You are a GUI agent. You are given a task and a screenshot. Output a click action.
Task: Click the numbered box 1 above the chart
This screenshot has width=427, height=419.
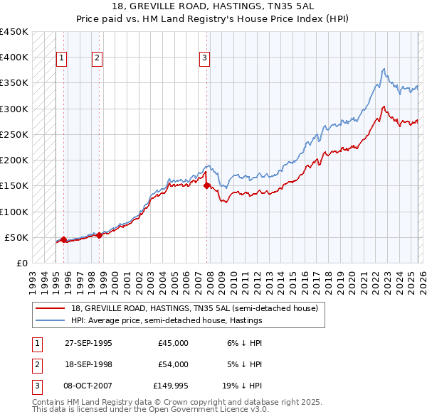(x=62, y=58)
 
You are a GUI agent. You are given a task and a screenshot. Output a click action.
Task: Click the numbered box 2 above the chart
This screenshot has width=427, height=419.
(x=97, y=58)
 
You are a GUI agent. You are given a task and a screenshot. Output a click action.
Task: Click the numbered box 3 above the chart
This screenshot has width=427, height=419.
(x=204, y=58)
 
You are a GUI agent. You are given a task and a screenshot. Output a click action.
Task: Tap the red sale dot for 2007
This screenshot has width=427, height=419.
(x=207, y=186)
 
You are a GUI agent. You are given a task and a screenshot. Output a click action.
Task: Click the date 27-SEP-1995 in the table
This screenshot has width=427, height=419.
(x=88, y=343)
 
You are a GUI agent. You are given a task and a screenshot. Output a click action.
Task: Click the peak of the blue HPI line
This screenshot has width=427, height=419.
(x=384, y=69)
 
